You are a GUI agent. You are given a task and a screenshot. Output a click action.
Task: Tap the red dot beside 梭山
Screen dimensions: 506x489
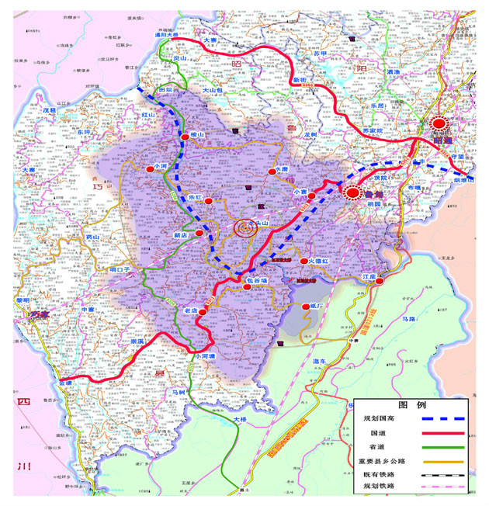tap(185, 136)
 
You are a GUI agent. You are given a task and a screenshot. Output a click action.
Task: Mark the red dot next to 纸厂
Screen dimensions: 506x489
tap(304, 307)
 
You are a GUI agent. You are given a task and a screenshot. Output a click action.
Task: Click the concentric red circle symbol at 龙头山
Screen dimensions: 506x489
tap(244, 228)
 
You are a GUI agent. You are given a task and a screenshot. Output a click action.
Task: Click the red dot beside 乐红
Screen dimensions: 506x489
tap(208, 201)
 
